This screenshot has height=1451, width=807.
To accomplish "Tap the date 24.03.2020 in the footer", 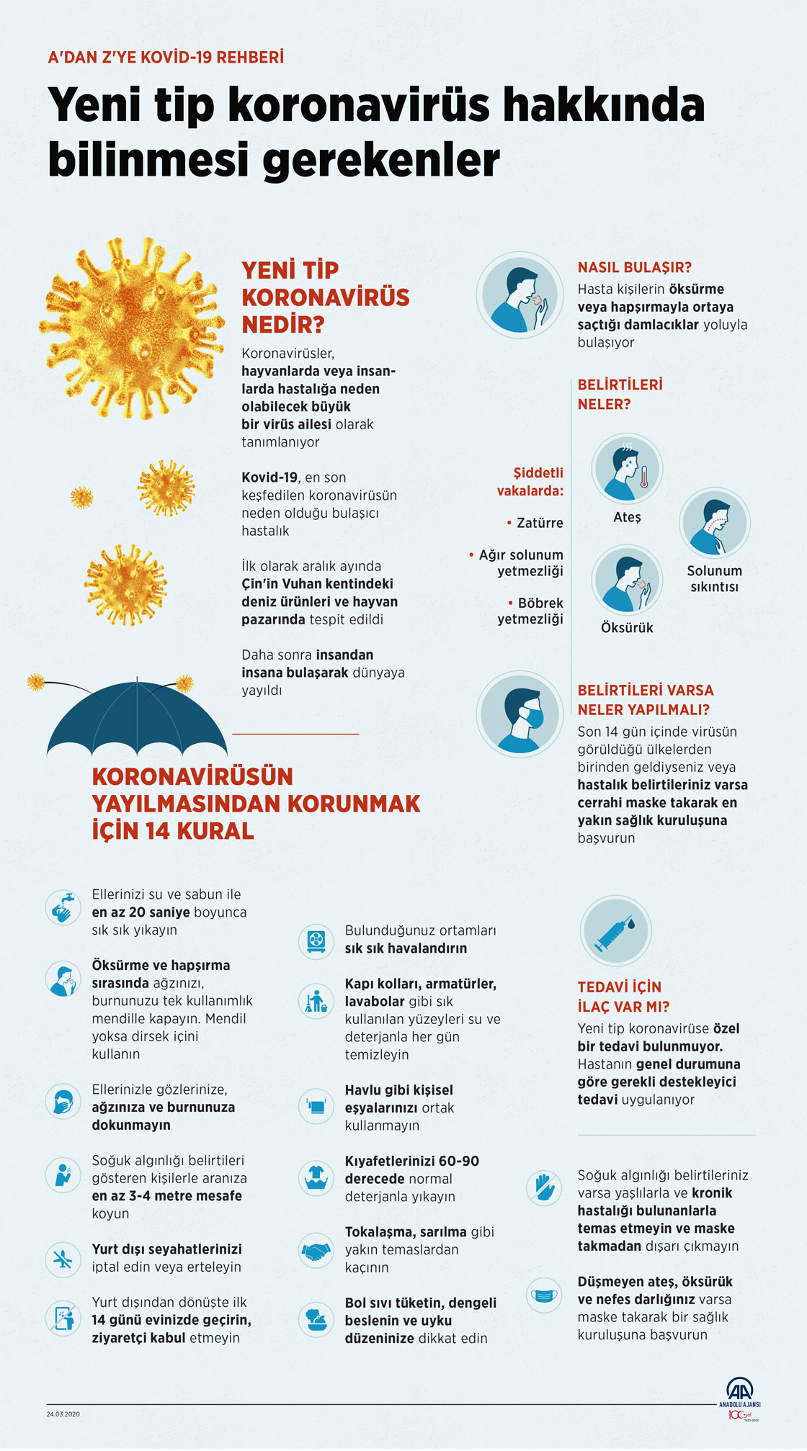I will click(63, 1414).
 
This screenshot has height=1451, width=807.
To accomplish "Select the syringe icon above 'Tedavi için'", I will click(616, 930).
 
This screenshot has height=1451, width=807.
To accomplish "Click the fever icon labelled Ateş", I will click(626, 468).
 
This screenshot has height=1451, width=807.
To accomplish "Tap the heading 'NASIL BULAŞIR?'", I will click(634, 267).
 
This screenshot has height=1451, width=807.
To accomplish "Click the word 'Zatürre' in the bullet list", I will click(540, 523).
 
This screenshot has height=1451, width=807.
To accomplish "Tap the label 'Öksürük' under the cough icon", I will click(627, 628).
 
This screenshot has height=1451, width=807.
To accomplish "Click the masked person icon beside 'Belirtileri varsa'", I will click(520, 714).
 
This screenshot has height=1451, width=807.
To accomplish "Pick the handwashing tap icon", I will click(63, 907).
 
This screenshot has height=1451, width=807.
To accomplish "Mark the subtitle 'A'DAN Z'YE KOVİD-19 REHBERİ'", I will click(166, 57).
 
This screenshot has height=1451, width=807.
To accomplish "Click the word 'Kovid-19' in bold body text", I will click(269, 477).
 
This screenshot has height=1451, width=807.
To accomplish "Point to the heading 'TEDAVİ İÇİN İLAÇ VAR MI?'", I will click(623, 997).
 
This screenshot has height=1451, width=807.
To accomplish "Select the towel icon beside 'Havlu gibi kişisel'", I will click(316, 1105).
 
